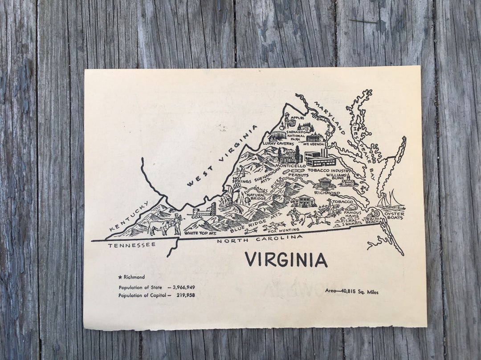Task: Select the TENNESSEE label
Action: pyautogui.click(x=131, y=245)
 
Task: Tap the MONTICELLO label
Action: pyautogui.click(x=290, y=166)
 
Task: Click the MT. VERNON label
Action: pyautogui.click(x=312, y=144)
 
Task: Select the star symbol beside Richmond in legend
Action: pyautogui.click(x=120, y=277)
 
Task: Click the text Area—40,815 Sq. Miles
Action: pyautogui.click(x=351, y=292)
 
